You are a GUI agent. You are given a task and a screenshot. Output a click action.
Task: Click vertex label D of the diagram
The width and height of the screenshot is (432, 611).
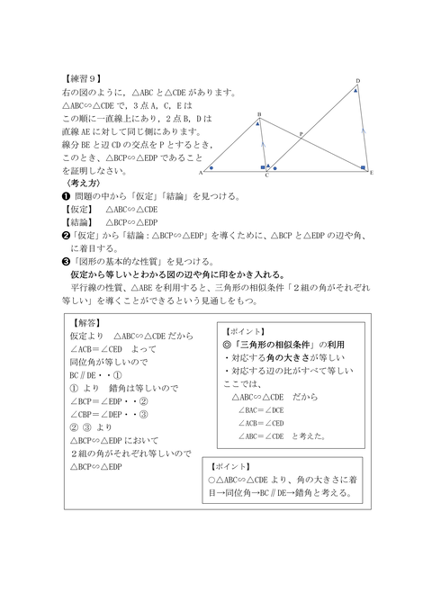point(356,81)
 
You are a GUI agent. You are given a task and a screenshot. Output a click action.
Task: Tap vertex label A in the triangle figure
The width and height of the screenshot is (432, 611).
point(200,172)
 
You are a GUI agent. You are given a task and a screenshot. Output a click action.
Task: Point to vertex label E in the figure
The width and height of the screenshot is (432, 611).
point(371,172)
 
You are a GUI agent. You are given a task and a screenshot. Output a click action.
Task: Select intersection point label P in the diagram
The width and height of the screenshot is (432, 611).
point(300,132)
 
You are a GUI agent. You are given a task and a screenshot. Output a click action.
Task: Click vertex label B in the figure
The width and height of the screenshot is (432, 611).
point(258,113)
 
